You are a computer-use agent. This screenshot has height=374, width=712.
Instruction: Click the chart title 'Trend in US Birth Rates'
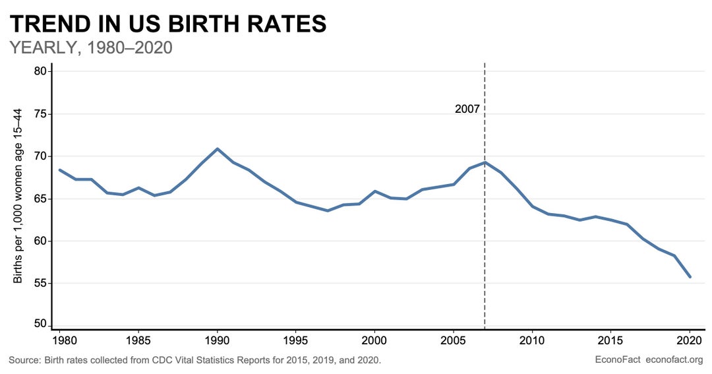(x=168, y=24)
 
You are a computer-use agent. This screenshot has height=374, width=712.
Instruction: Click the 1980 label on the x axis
(x=60, y=342)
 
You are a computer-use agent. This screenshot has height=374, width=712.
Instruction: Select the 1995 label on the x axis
(x=296, y=342)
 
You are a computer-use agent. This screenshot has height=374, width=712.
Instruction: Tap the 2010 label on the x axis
(x=532, y=342)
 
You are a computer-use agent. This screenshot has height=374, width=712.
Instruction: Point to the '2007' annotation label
(x=467, y=109)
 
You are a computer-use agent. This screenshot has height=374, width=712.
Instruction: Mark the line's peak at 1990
(x=218, y=149)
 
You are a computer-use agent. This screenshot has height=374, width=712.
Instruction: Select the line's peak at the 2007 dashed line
(x=485, y=162)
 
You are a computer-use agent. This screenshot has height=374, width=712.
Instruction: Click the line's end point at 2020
(x=690, y=277)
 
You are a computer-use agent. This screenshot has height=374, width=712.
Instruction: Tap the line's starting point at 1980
(x=60, y=170)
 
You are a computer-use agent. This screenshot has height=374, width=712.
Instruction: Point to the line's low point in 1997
(x=328, y=210)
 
